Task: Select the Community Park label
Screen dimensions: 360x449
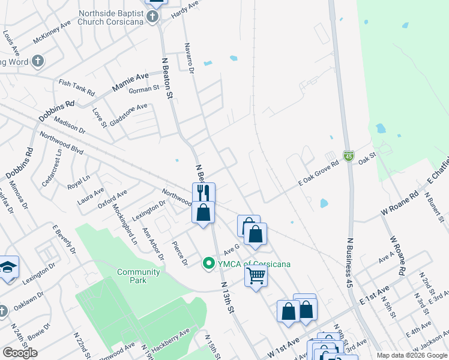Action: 138,276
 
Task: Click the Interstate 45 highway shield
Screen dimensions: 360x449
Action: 349,156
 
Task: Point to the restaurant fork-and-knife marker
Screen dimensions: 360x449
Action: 203,193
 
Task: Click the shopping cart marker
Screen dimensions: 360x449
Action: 256,276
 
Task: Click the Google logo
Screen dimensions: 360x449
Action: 20,353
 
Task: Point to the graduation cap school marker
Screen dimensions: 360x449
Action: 8,267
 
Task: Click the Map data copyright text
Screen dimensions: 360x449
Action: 411,355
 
